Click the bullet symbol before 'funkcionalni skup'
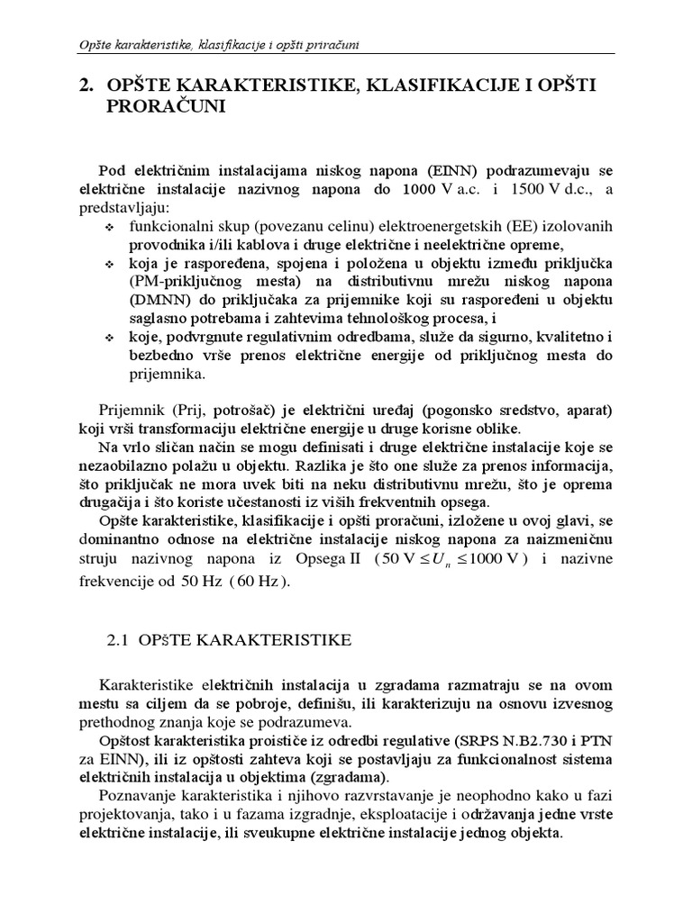pyautogui.click(x=110, y=226)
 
